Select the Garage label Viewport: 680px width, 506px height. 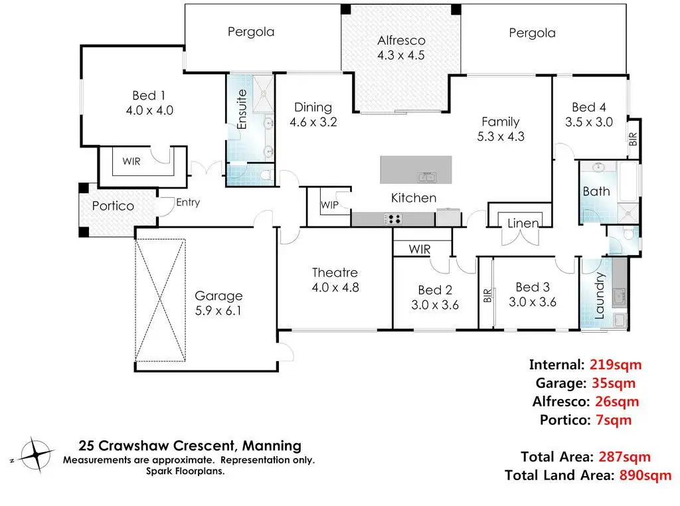(x=218, y=296)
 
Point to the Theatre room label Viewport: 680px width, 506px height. (x=335, y=272)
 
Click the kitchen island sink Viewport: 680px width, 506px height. (x=426, y=176)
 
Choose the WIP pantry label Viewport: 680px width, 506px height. (x=329, y=205)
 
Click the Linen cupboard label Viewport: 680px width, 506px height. (x=523, y=223)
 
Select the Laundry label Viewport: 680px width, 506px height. (x=600, y=295)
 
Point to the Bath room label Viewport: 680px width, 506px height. (x=596, y=191)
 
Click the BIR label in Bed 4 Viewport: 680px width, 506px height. (x=633, y=139)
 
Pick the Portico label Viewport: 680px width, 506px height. (x=113, y=206)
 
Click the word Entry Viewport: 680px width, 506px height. (x=188, y=203)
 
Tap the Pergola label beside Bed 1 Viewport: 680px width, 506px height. (x=251, y=31)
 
